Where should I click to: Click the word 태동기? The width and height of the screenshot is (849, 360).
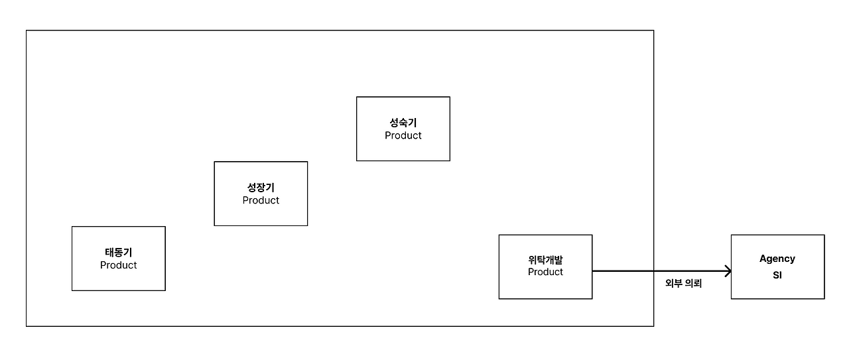(118, 253)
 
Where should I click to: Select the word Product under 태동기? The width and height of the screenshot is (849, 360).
(118, 265)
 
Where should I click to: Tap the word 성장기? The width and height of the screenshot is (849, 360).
(261, 188)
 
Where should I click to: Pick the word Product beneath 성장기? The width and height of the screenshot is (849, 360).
(261, 200)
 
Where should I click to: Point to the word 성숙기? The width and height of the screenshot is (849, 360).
(403, 123)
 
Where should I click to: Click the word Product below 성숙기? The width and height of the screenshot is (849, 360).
(403, 135)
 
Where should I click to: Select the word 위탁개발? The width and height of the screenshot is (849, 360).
(545, 260)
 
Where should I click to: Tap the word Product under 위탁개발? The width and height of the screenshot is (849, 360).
(545, 272)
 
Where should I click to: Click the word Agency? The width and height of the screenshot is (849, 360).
(777, 259)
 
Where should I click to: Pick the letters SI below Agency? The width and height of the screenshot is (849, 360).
(777, 275)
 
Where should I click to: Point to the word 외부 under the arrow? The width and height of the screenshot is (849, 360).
(673, 283)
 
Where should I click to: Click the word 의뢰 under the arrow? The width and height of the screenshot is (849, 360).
(693, 283)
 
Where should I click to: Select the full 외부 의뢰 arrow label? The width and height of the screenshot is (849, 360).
(683, 283)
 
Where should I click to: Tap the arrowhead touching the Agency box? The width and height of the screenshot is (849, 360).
(728, 271)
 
